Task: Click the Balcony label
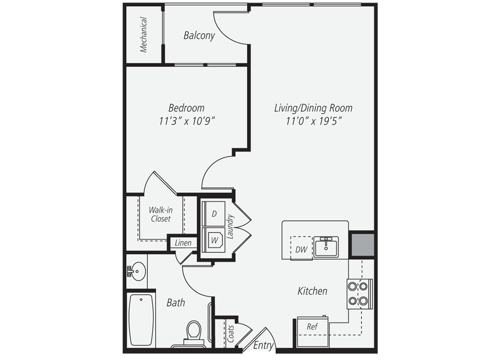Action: tap(199, 36)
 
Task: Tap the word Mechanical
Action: tap(144, 35)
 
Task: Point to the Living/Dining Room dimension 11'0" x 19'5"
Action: tap(313, 121)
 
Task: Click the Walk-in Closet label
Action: tap(161, 215)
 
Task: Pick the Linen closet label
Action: tap(183, 243)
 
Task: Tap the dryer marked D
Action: tap(214, 214)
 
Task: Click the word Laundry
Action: tap(230, 227)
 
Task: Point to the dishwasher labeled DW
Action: tap(301, 249)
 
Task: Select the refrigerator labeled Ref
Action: tap(312, 327)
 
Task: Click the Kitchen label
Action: tap(312, 291)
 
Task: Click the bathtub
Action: tap(141, 320)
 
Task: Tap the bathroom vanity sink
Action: tap(137, 270)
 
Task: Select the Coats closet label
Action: tap(231, 333)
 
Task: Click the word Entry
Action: tap(263, 345)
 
